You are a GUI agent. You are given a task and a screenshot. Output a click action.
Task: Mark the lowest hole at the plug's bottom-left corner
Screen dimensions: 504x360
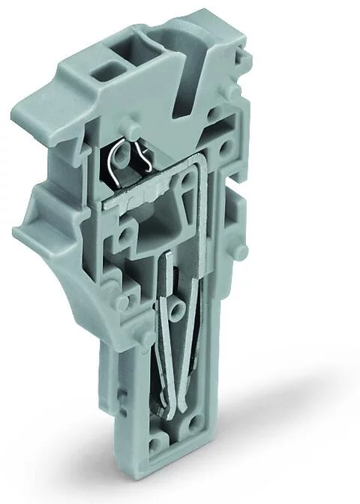click(x=156, y=448)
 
